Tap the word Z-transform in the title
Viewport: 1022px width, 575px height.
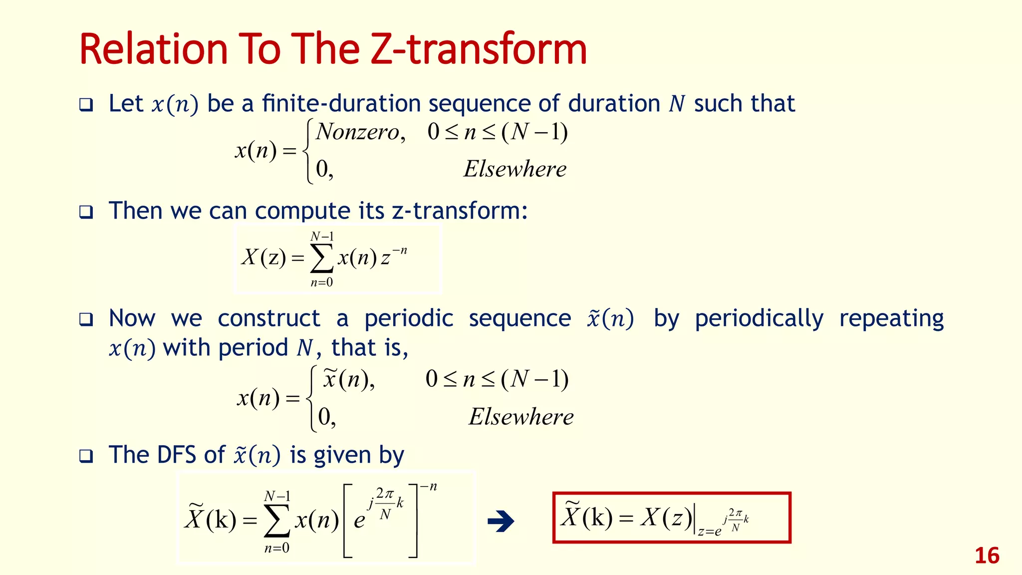pyautogui.click(x=479, y=49)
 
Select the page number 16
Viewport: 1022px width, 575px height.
pyautogui.click(x=987, y=556)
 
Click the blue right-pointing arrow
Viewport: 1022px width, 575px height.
pyautogui.click(x=501, y=522)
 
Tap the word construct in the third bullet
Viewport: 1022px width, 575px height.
pyautogui.click(x=269, y=318)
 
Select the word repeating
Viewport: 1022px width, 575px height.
pyautogui.click(x=891, y=318)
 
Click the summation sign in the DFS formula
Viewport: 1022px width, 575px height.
pyautogui.click(x=277, y=522)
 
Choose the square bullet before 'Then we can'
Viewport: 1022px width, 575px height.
pyautogui.click(x=86, y=212)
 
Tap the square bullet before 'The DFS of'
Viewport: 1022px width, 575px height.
pyautogui.click(x=86, y=456)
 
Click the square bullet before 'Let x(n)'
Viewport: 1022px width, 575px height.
pyautogui.click(x=86, y=105)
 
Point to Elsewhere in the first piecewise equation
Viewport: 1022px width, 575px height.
pyautogui.click(x=515, y=169)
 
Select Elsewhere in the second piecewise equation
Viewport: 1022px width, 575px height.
pyautogui.click(x=521, y=417)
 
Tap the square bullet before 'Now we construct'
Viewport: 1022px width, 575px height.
pyautogui.click(x=86, y=319)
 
